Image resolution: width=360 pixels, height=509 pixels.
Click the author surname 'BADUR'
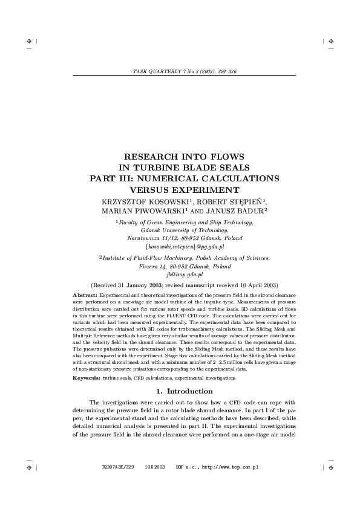[249, 211]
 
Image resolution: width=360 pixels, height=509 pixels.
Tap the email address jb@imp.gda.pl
[182, 273]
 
